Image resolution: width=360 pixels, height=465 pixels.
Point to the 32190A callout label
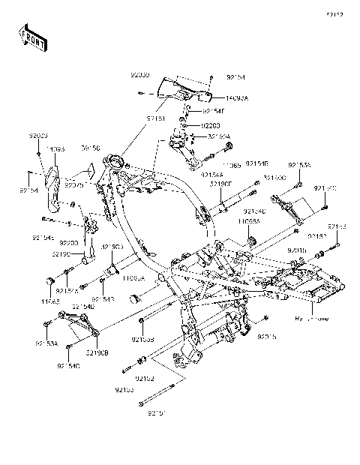pos(220,136)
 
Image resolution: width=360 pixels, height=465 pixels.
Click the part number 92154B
pos(257,163)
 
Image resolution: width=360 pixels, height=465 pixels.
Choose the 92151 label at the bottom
pos(157,412)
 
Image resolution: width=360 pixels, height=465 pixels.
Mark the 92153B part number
pos(143,340)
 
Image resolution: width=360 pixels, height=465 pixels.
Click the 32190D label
pos(112,246)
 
